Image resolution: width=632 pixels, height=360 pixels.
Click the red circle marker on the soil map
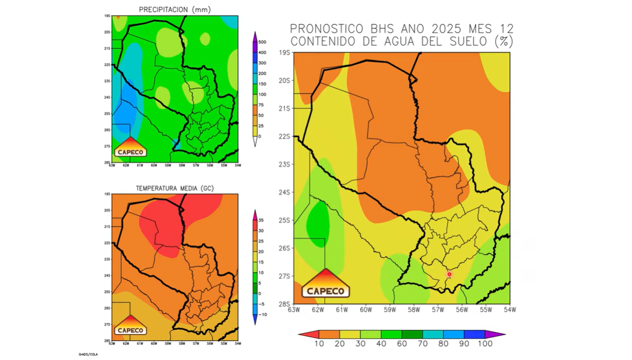449,274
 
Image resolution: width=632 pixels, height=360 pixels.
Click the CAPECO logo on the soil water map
325,285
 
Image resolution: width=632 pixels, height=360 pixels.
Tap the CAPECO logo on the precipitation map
131,147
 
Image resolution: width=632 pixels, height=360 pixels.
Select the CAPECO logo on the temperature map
131,325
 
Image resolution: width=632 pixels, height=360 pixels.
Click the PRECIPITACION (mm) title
175,10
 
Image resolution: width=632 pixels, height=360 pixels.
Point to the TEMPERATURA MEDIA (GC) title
175,188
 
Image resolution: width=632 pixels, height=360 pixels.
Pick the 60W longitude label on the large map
366,309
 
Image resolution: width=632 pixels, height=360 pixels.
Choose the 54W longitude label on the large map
509,309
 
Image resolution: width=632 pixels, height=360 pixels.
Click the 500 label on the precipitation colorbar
262,42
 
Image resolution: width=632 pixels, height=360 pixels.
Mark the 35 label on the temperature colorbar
261,220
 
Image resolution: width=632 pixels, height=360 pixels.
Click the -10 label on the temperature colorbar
262,314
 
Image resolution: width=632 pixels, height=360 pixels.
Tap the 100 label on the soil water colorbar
485,344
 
